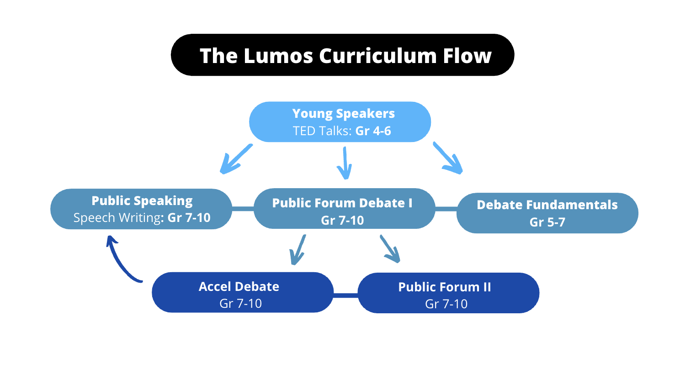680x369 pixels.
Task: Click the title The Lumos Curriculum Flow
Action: (x=345, y=55)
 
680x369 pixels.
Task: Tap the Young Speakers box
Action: (x=340, y=122)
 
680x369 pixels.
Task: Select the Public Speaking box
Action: (x=142, y=209)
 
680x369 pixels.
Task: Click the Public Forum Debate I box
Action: (x=343, y=209)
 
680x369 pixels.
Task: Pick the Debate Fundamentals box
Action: (x=547, y=213)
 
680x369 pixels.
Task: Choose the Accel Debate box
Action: (x=242, y=293)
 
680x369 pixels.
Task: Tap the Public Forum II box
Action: (x=448, y=293)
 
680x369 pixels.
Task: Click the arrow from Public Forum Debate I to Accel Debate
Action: (x=298, y=250)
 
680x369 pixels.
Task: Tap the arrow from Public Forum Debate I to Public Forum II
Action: (x=390, y=249)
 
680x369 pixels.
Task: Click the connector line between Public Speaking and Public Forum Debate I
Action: (x=243, y=209)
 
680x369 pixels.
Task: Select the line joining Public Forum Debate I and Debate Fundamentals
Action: (x=446, y=209)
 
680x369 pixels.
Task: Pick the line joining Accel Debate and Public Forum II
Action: (x=345, y=295)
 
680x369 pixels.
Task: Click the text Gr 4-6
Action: (x=373, y=131)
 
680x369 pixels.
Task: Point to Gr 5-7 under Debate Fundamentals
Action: (x=547, y=222)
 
